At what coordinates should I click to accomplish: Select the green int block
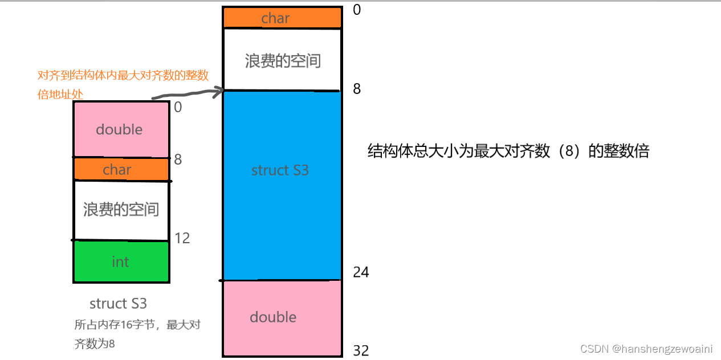pos(121,261)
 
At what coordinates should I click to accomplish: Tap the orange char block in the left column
pos(121,169)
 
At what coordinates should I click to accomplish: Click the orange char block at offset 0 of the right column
pos(282,18)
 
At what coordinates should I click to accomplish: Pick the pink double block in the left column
pos(121,129)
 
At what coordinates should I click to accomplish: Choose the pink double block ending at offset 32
pos(282,317)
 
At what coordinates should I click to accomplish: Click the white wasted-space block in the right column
pos(282,60)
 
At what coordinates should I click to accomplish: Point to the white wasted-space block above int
pos(121,210)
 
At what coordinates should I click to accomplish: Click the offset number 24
pos(361,272)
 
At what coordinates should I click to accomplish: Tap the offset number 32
pos(361,350)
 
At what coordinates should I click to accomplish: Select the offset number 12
pos(182,238)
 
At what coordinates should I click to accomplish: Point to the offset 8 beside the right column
pos(357,89)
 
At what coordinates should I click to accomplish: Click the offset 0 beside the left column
pos(178,107)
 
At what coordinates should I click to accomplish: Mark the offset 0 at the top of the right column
pos(357,10)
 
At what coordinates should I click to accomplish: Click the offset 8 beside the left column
pos(178,159)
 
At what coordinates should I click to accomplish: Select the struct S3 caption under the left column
pos(118,303)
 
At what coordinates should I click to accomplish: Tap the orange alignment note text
pos(123,84)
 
